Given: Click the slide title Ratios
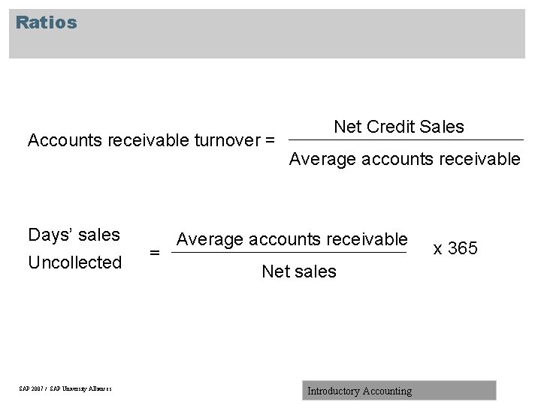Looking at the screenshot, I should [46, 22].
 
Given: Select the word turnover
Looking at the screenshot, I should [226, 140].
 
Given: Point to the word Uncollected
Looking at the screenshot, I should [74, 262].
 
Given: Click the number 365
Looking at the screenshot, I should [463, 248].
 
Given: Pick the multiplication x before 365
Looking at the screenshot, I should [437, 249].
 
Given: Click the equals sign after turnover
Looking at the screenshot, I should [270, 140].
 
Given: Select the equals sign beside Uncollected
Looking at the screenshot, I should [155, 253].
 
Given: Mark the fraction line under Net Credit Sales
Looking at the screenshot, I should [406, 140].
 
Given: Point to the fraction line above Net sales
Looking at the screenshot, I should [289, 253].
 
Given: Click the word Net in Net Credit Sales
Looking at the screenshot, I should [348, 127].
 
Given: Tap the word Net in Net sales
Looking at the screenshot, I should [275, 271].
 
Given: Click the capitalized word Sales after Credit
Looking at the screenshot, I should [443, 127].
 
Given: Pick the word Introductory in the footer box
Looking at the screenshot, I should [334, 391].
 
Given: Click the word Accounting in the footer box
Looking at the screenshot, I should [387, 391].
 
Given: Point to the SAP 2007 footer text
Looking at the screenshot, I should [65, 388].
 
